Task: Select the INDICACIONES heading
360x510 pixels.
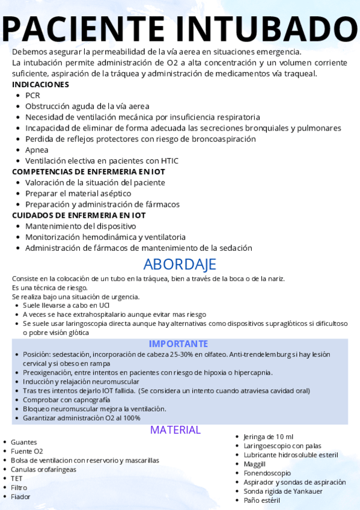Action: tap(40, 84)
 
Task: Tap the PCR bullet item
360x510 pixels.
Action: tap(32, 95)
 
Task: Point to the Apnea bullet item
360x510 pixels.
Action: tap(37, 150)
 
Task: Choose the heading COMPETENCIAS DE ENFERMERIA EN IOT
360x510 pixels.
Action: tap(88, 171)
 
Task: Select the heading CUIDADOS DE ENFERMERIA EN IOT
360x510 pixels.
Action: tap(79, 215)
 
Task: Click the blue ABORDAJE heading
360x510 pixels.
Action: tap(180, 264)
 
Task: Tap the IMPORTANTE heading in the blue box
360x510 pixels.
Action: tap(178, 343)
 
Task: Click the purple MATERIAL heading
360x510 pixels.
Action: tap(175, 429)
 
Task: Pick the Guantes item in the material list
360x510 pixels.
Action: tap(23, 442)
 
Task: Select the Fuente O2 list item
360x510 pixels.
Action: tap(27, 451)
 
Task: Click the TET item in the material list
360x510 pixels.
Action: tap(17, 478)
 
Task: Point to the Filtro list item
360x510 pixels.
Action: tap(19, 487)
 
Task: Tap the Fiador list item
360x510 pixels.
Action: tap(20, 497)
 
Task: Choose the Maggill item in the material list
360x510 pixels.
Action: tap(254, 464)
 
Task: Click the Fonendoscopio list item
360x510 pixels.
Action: tap(267, 473)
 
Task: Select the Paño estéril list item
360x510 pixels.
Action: tap(261, 500)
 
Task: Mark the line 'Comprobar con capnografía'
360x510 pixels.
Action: tap(67, 399)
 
